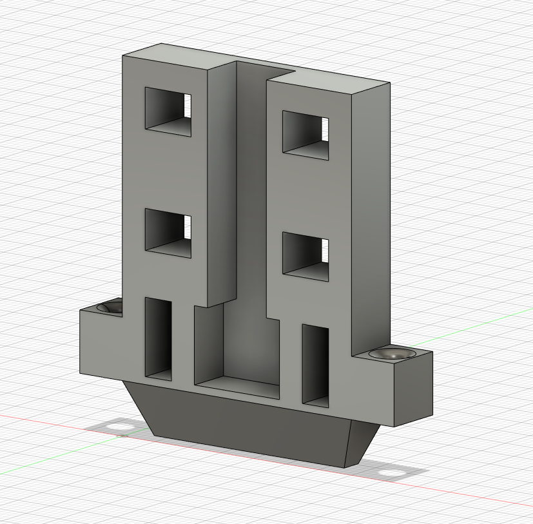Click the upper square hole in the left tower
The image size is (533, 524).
(168, 112)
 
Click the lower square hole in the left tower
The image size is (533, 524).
(168, 233)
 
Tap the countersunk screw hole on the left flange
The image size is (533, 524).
(111, 307)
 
